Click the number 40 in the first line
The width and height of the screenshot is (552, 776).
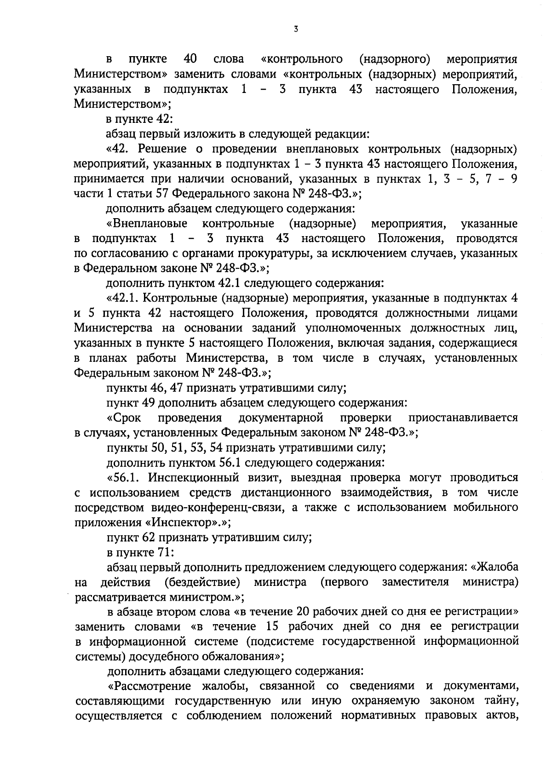click(190, 59)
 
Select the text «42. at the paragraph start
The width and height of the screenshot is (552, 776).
click(120, 149)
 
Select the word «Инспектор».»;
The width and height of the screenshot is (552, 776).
click(188, 523)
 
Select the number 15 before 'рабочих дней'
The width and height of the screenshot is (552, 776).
click(274, 627)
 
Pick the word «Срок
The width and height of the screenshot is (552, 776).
click(124, 418)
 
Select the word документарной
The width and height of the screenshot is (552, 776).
click(281, 418)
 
